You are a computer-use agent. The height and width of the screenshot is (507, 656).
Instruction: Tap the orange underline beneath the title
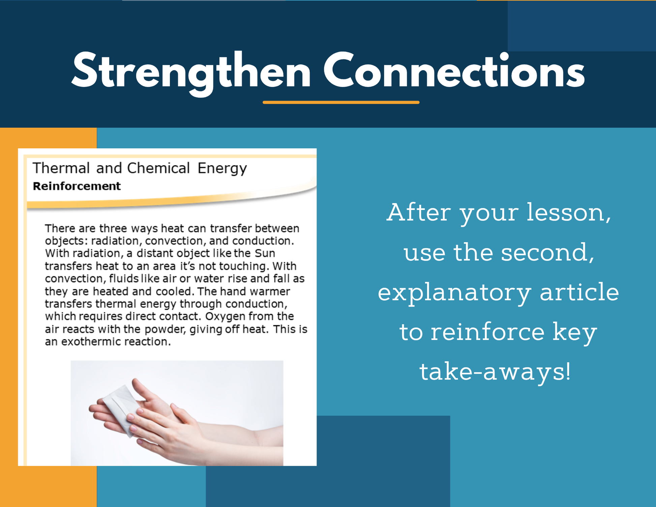(341, 102)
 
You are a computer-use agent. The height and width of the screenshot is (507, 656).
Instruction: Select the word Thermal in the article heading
(61, 168)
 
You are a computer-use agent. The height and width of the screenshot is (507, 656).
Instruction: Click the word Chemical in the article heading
(158, 168)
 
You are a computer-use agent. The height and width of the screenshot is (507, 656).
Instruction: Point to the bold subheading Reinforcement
(77, 186)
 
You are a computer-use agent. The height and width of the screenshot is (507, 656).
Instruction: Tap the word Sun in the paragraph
(265, 253)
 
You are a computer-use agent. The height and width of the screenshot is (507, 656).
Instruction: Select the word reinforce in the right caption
(487, 332)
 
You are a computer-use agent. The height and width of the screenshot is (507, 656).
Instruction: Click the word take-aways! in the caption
(495, 372)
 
